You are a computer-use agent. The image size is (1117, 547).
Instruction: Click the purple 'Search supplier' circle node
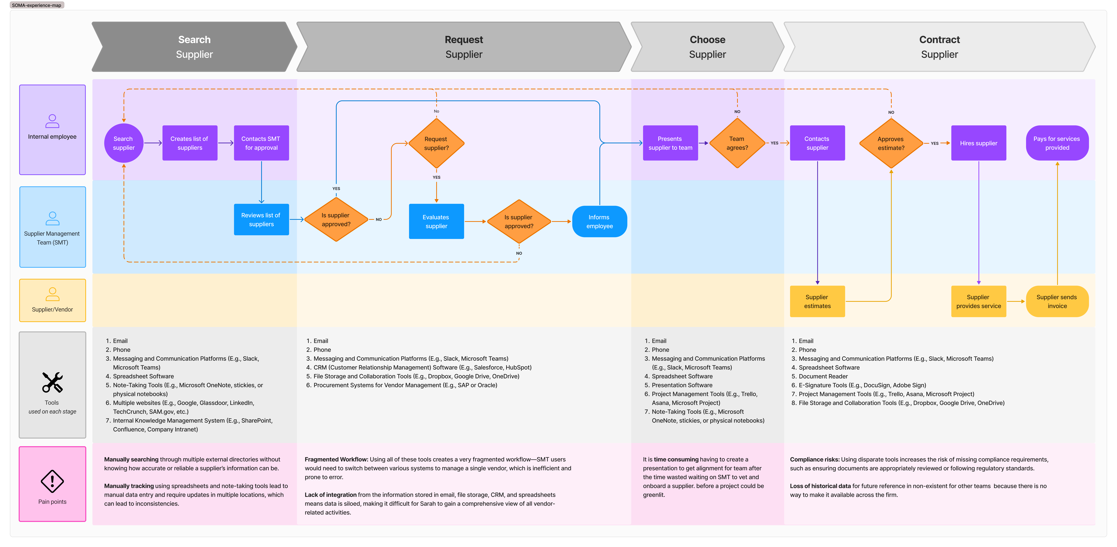124,143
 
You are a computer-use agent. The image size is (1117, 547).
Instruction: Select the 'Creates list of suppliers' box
190,143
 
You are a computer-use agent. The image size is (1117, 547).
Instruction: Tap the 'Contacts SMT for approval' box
261,143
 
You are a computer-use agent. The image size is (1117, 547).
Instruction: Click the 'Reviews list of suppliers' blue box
261,220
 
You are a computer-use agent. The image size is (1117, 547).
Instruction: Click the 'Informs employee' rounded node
599,221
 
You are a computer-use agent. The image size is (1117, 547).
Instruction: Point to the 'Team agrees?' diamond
737,143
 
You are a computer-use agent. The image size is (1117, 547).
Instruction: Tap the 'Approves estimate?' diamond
891,143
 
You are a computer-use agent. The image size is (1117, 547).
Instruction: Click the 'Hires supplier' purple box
978,143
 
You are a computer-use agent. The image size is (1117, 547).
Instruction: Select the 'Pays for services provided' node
1057,143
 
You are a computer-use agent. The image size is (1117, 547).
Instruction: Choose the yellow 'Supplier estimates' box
817,302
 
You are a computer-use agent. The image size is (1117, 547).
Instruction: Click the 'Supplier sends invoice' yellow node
1057,302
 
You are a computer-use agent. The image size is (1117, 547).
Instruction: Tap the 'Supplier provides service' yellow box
978,302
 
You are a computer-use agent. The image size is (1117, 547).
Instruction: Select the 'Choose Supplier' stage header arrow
707,47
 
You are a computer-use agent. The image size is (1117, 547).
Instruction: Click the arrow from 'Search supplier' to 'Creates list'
153,143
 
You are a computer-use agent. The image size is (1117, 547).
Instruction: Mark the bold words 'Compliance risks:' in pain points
814,459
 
